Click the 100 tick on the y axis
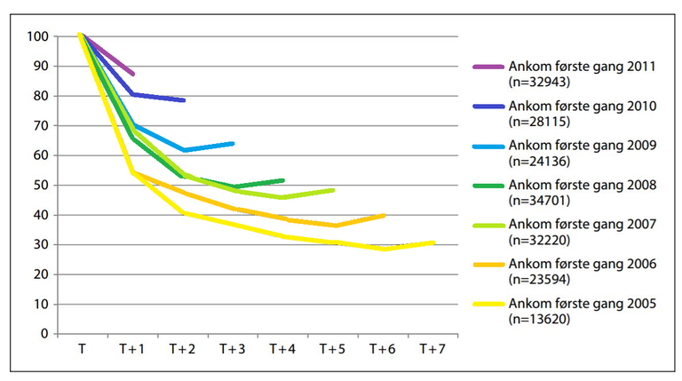(x=36, y=36)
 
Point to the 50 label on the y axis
(x=39, y=186)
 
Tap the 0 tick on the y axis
(x=43, y=335)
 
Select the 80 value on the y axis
(x=39, y=96)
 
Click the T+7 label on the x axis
(x=432, y=350)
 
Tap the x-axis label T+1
(x=131, y=350)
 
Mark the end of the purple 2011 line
(x=133, y=74)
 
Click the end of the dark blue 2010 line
(x=184, y=100)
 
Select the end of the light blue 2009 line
(x=234, y=143)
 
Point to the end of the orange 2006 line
(x=384, y=215)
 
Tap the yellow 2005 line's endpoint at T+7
(x=433, y=242)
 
